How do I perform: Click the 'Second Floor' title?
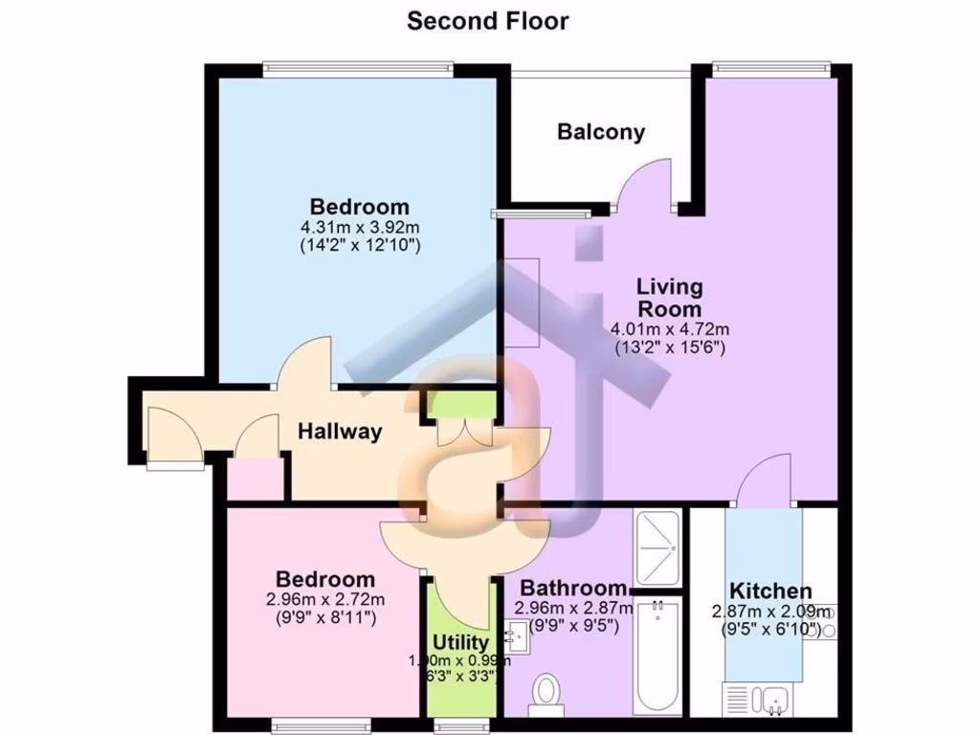tap(488, 21)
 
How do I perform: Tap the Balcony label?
tap(601, 132)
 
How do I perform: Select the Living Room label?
tap(670, 298)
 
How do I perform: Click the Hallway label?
tap(339, 432)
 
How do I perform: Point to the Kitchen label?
tap(770, 591)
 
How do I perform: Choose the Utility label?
tap(460, 642)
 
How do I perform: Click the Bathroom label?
tap(572, 588)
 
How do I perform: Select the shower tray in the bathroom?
tap(657, 549)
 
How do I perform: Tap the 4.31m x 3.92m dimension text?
tap(361, 228)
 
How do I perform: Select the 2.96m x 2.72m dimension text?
tap(325, 600)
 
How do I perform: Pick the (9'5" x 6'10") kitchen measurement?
tap(771, 629)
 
